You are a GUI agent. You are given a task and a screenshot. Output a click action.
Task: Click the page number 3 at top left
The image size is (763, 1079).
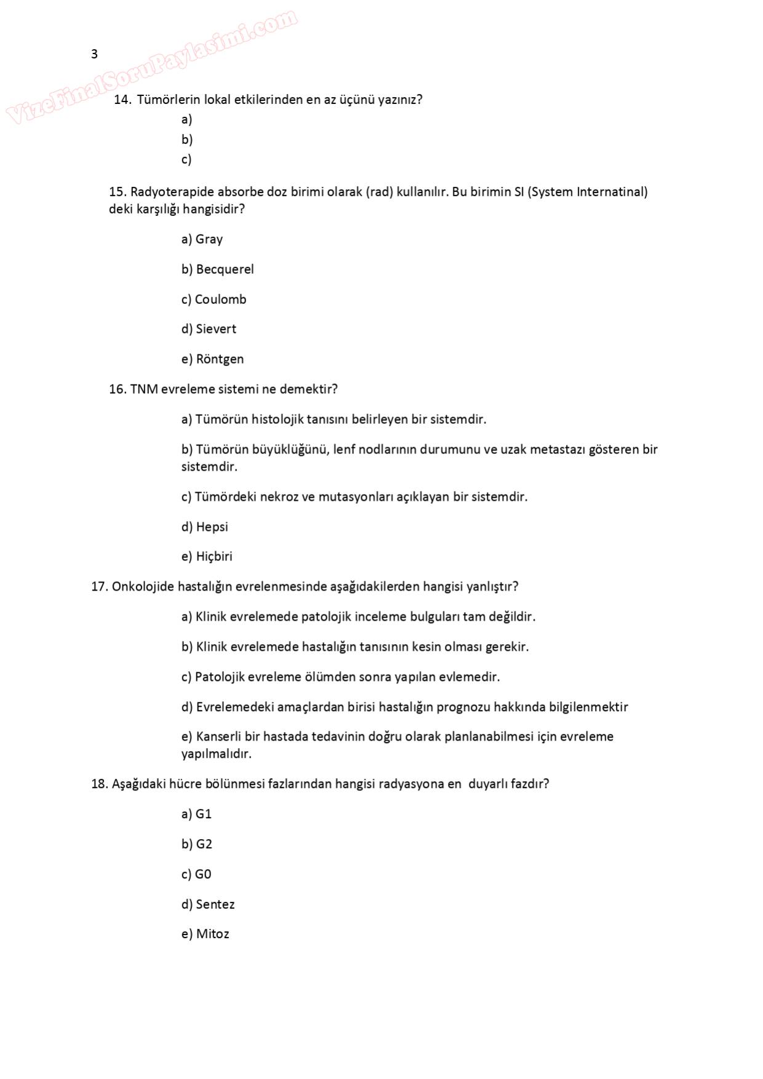click(x=94, y=54)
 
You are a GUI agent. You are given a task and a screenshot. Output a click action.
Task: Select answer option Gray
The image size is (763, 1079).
click(x=209, y=239)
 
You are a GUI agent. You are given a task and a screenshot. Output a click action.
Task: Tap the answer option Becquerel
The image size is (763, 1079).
click(x=224, y=269)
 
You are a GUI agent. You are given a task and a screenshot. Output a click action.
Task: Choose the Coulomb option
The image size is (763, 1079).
click(x=220, y=300)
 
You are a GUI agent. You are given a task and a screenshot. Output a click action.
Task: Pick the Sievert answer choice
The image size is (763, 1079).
click(x=215, y=329)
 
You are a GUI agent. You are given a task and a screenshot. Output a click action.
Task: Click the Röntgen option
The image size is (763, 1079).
click(x=220, y=359)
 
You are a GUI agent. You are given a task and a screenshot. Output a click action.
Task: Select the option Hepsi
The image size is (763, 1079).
click(x=212, y=527)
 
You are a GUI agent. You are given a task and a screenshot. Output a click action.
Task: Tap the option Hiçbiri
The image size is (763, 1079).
click(x=214, y=557)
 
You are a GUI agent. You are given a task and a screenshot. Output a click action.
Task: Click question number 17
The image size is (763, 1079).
click(x=99, y=587)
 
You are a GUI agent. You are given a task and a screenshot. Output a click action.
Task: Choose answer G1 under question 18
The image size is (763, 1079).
click(x=203, y=814)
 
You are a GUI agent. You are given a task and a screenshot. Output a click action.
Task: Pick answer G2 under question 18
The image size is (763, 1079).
click(x=204, y=845)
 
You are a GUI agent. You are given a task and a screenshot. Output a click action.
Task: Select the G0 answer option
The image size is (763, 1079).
click(x=202, y=875)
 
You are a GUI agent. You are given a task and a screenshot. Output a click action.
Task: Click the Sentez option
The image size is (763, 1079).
click(x=215, y=905)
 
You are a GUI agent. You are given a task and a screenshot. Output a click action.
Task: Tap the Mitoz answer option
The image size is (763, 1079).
click(x=212, y=934)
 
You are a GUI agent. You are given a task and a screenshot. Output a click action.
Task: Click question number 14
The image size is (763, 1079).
click(x=122, y=100)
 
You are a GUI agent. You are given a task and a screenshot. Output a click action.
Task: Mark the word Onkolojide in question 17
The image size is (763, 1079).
click(x=143, y=587)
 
